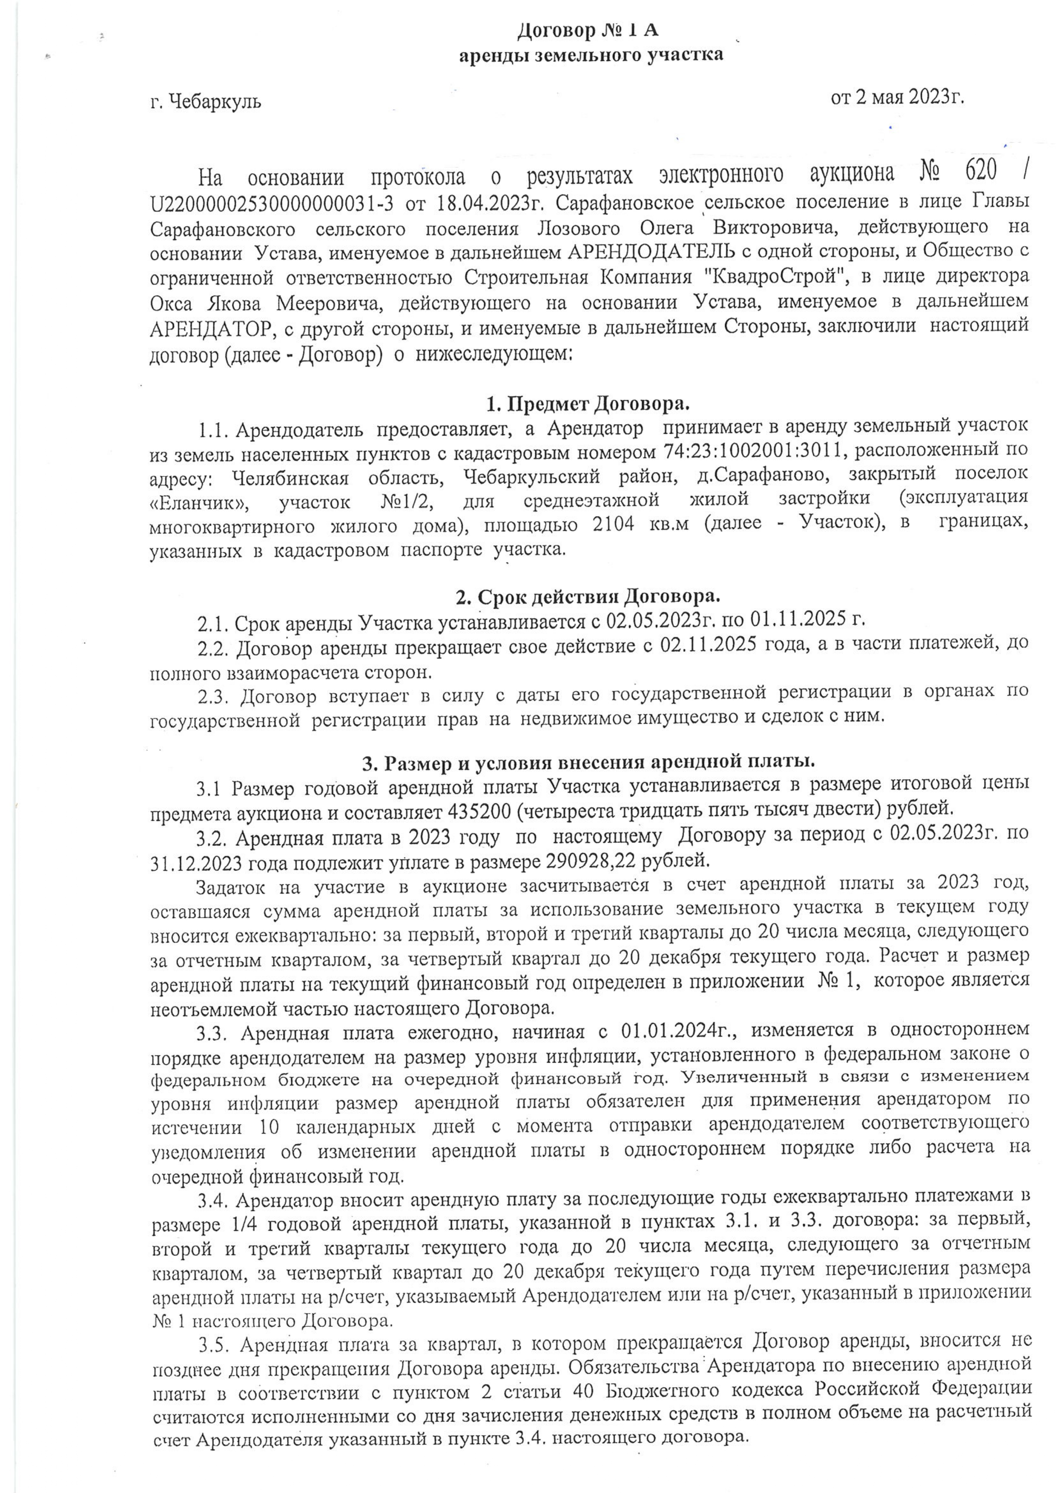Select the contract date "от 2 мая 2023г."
point(897,97)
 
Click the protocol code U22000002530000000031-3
point(272,203)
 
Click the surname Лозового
point(579,229)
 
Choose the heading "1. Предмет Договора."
point(587,404)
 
